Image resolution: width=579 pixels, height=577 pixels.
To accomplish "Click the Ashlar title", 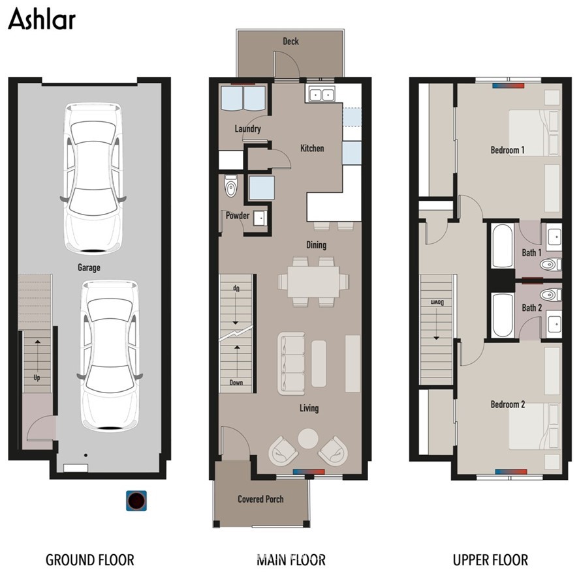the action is click(42, 19).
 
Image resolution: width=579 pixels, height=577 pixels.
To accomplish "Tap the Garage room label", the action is click(89, 267).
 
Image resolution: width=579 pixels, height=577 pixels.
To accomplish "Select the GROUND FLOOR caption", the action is click(89, 559).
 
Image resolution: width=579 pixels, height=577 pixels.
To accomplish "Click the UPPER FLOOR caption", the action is click(490, 559).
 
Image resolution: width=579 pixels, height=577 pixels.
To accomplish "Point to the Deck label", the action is click(290, 41).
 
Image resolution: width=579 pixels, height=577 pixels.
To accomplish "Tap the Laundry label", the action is click(248, 128).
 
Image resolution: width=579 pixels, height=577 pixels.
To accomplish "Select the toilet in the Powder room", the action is click(231, 186).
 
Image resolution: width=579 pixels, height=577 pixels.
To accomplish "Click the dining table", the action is click(313, 282).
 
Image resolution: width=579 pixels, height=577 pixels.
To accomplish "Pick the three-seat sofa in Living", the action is click(291, 363).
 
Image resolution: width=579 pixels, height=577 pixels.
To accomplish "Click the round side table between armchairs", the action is click(308, 439).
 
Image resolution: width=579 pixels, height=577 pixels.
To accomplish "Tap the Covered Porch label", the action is click(260, 499).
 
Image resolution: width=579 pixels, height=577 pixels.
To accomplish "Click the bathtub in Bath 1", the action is click(503, 246).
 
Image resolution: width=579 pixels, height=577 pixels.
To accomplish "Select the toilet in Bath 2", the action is click(550, 295).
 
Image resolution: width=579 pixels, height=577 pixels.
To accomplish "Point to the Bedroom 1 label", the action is click(507, 150).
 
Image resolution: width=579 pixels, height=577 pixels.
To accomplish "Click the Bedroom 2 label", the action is click(508, 404).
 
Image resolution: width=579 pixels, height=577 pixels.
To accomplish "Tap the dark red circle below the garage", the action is click(136, 501).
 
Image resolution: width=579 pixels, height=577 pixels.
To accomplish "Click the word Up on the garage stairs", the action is click(37, 377).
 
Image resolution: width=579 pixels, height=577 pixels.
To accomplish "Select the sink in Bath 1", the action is click(554, 237).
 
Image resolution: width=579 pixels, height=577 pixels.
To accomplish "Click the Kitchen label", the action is click(312, 148).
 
